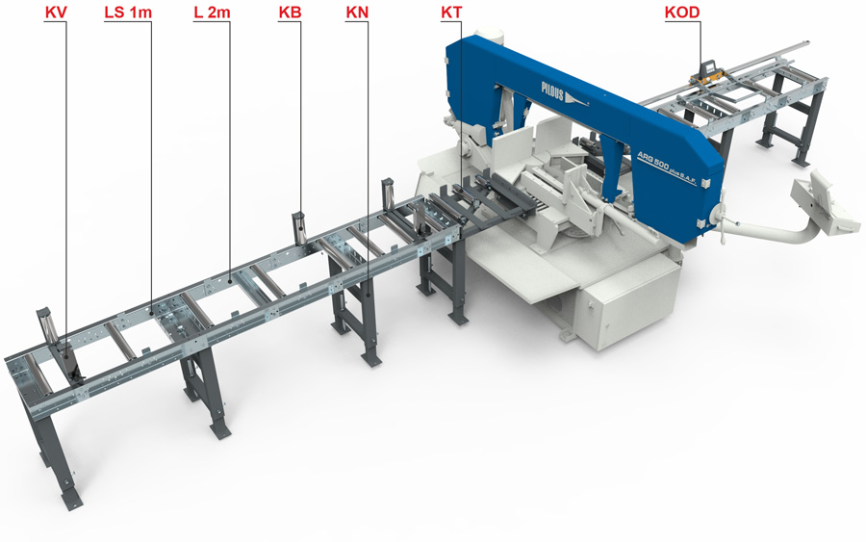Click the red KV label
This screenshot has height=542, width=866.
pyautogui.click(x=56, y=13)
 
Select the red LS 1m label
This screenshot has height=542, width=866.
pyautogui.click(x=128, y=13)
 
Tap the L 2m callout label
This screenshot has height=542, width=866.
pyautogui.click(x=212, y=13)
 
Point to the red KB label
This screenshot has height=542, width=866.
pyautogui.click(x=290, y=13)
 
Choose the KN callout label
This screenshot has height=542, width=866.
pyautogui.click(x=357, y=13)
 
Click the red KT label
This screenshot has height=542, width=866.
pyautogui.click(x=451, y=13)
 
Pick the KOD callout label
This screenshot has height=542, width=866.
pyautogui.click(x=682, y=13)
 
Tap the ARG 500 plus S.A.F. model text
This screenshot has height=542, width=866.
pyautogui.click(x=667, y=167)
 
